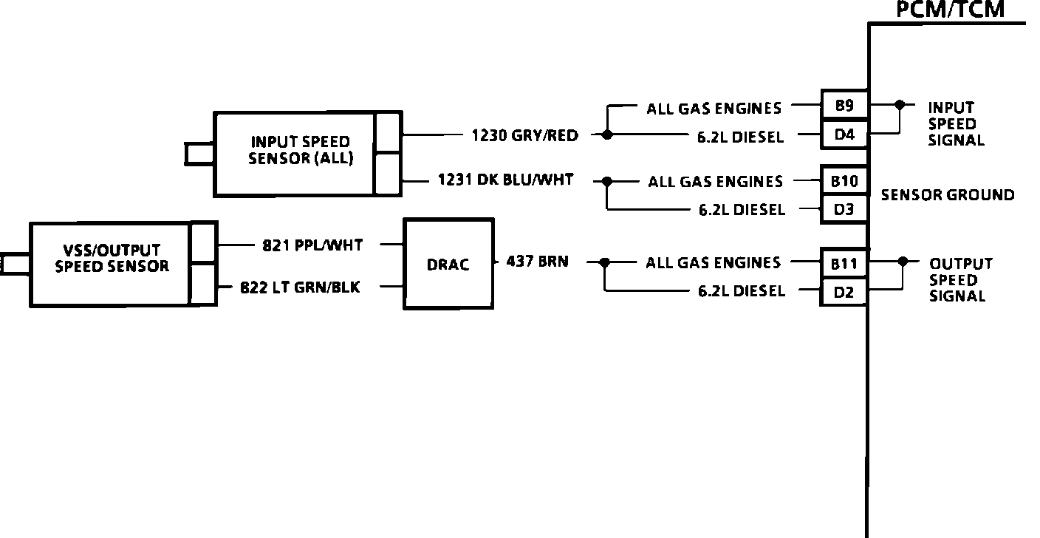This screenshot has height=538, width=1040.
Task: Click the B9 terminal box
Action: point(844,106)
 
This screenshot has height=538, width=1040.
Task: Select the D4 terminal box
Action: point(844,134)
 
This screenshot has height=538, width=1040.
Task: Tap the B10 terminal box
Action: point(844,180)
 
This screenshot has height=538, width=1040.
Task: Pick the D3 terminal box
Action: point(844,209)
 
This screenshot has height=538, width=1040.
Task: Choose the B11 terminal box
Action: point(844,262)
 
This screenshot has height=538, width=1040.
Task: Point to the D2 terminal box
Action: point(844,292)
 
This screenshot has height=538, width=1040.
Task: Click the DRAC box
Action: point(448,264)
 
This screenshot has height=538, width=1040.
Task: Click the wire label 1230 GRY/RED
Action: point(525,135)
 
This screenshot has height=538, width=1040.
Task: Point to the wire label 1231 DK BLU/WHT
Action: point(505,180)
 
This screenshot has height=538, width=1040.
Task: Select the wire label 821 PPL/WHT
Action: point(312,245)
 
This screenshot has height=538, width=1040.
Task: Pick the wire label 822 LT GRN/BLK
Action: point(301,287)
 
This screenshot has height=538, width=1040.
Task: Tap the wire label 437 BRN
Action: point(537,261)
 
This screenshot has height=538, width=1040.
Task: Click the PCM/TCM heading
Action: point(950,10)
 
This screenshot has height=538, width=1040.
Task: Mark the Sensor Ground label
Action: point(948,195)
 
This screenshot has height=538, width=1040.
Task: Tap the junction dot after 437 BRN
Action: point(605,262)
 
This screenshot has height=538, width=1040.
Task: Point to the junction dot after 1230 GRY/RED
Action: point(607,135)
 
